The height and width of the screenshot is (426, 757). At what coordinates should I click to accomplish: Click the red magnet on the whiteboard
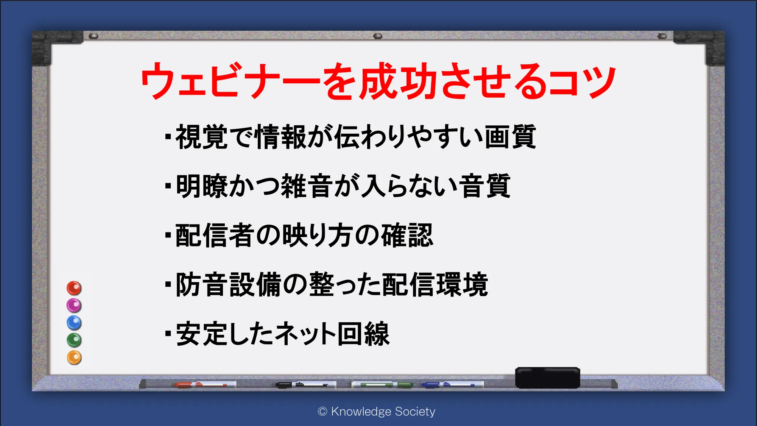click(74, 288)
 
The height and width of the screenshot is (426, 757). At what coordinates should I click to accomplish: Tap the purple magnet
click(74, 306)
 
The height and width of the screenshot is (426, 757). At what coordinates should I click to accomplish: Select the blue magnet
click(74, 323)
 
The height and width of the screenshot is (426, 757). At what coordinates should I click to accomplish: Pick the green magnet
click(74, 340)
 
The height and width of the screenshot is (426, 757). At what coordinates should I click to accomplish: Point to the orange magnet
click(74, 358)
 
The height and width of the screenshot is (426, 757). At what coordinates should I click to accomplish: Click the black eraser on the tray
click(548, 378)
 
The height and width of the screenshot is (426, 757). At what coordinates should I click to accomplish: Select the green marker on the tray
click(382, 385)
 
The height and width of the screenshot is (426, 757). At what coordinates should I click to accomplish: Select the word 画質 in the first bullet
click(510, 137)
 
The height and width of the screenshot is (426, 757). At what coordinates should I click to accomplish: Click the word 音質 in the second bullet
click(485, 186)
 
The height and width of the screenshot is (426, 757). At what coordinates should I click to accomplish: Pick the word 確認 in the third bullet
click(407, 235)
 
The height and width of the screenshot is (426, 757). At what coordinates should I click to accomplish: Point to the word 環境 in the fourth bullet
click(462, 284)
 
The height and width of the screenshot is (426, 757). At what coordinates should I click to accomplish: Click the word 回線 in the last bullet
click(363, 334)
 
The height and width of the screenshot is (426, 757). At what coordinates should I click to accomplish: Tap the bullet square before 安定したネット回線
click(168, 334)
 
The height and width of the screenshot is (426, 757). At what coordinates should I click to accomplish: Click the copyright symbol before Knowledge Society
click(322, 412)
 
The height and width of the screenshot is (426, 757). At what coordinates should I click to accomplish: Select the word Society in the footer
click(415, 412)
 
